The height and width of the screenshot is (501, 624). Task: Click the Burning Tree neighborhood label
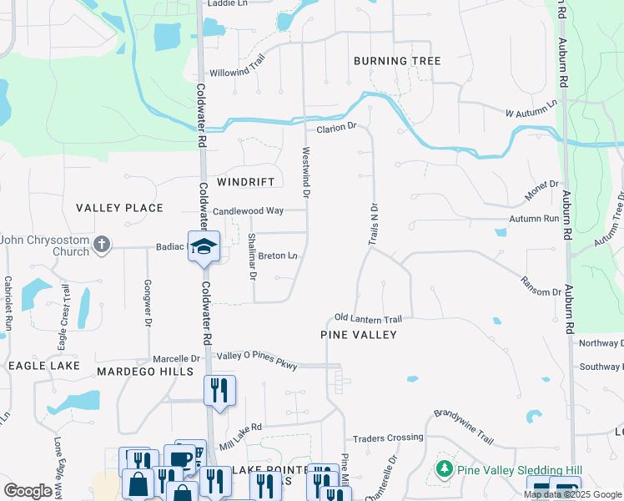point(396,61)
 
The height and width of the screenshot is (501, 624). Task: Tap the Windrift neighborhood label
point(245,181)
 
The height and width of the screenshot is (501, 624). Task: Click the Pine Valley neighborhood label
point(359,334)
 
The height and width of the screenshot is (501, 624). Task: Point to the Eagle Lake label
point(43,366)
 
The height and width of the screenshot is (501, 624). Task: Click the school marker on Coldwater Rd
point(203,246)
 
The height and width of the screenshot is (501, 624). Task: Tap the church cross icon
point(101,245)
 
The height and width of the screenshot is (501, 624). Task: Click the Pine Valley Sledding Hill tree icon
point(445,470)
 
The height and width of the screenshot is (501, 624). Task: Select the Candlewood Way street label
point(248,211)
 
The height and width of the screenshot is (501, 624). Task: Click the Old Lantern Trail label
point(368,318)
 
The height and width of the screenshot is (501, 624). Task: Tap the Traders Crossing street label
point(388,438)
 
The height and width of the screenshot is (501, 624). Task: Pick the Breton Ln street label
point(278,256)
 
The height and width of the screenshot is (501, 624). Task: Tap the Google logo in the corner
point(28,490)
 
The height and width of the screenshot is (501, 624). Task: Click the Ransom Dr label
point(541,286)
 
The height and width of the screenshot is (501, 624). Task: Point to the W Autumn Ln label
point(531,109)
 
